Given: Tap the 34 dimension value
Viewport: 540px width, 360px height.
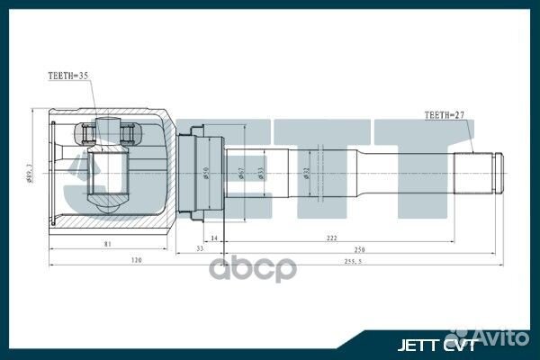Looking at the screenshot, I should (213, 238).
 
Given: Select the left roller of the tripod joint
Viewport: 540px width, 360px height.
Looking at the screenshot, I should (88, 134).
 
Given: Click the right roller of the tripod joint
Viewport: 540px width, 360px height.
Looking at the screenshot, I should (130, 134).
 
